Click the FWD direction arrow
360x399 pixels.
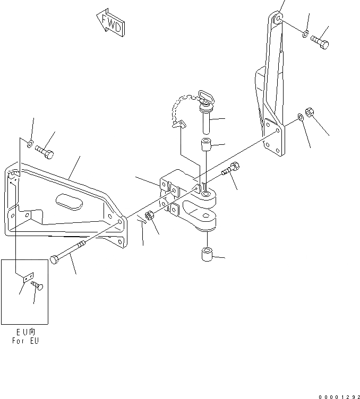tap(110, 22)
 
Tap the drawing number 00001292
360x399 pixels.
tap(339, 395)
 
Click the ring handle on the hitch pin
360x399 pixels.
tap(205, 97)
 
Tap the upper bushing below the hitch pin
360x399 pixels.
tap(206, 144)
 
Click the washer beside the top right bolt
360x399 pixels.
tap(305, 34)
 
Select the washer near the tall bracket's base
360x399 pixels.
tap(301, 116)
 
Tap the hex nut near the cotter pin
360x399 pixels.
tap(150, 215)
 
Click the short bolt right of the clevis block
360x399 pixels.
tap(230, 170)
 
